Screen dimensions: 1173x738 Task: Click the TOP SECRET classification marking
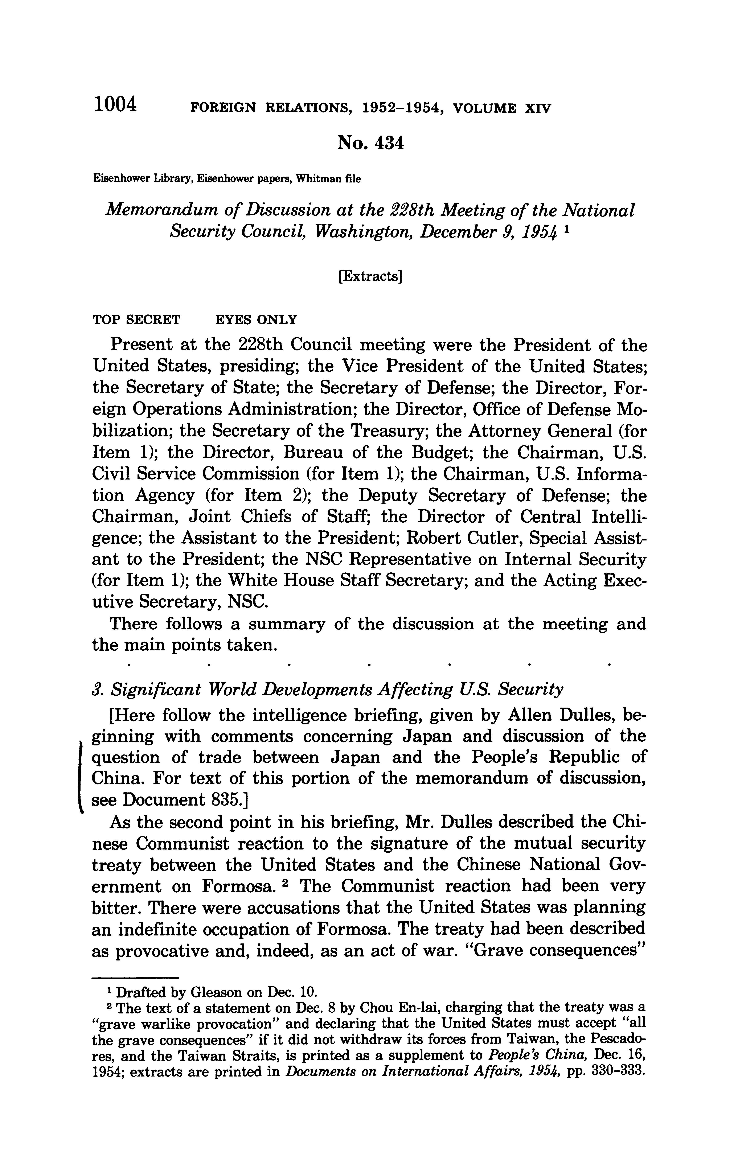[136, 320]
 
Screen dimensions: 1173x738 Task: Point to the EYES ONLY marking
[256, 320]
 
